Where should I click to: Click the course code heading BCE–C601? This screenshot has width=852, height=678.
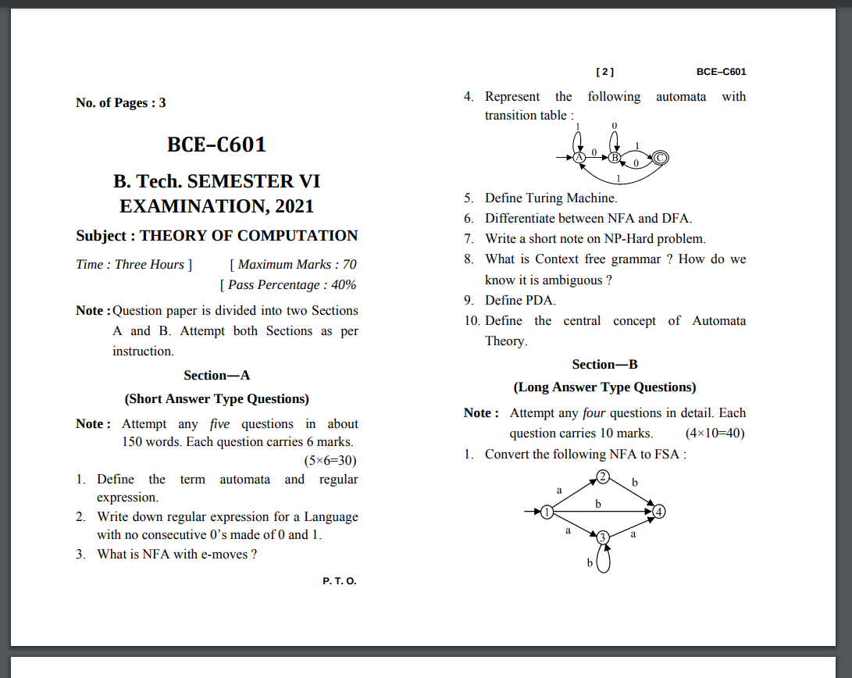point(216,145)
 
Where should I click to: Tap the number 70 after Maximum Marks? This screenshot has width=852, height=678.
point(349,265)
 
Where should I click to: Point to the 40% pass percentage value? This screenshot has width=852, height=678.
point(344,285)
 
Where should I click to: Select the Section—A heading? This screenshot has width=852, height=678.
point(216,376)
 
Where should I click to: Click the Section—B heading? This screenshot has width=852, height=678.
point(604,365)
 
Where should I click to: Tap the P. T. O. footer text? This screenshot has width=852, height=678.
point(339,581)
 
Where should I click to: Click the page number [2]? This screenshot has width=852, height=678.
point(604,72)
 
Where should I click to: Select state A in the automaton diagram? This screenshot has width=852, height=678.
point(579,158)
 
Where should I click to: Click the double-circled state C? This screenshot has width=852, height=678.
point(660,158)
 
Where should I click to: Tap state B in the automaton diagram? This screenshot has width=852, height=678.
point(614,158)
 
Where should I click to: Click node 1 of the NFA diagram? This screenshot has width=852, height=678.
point(547,512)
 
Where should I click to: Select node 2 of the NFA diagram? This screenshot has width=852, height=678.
point(603,476)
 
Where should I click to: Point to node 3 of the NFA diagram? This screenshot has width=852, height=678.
point(603,537)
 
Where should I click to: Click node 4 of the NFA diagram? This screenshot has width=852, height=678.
point(659,512)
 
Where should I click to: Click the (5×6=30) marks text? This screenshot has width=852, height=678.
point(330,460)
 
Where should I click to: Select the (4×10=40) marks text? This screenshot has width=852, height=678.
point(715,434)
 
